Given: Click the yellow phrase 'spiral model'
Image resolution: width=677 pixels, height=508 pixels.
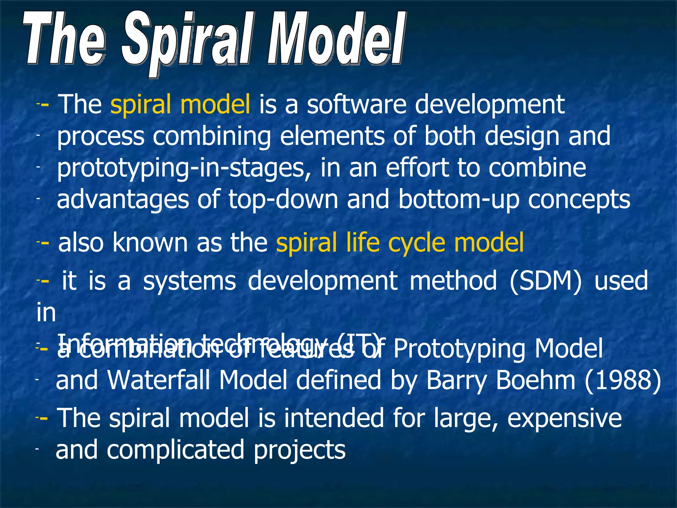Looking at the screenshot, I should (180, 105).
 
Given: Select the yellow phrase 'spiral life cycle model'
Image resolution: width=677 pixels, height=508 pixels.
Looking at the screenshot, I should (400, 243).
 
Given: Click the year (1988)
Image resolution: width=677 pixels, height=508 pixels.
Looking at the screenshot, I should (623, 380).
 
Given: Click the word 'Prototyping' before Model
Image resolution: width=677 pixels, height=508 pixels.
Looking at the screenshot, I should (459, 349).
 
